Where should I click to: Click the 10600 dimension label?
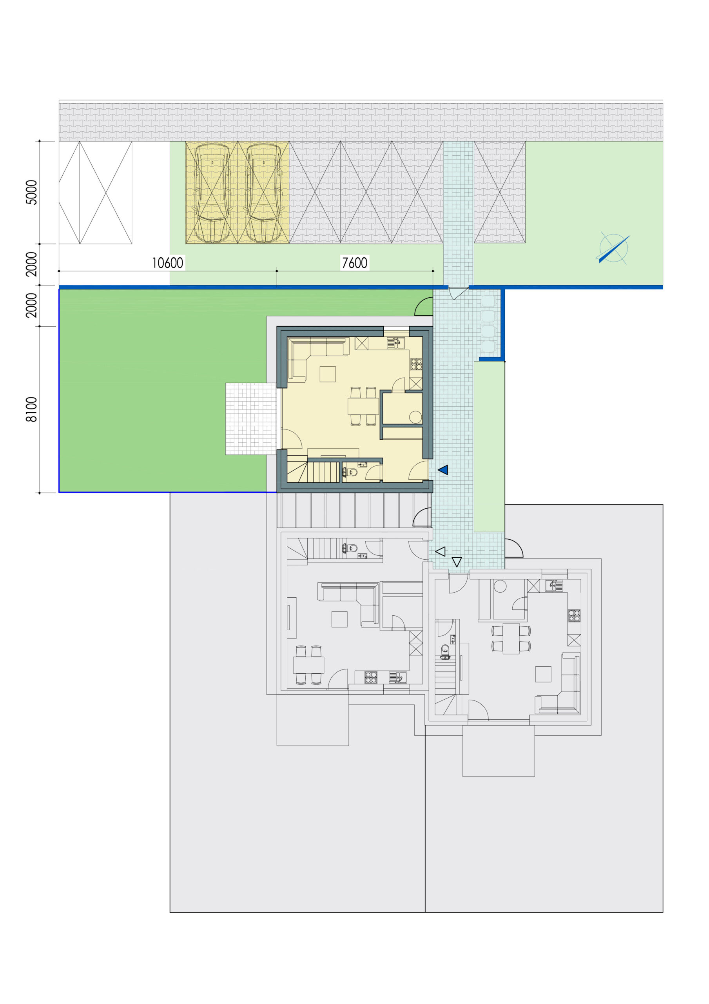click(168, 263)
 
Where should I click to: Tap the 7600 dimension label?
click(354, 263)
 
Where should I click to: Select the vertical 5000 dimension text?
click(31, 193)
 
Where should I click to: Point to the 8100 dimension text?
click(31, 409)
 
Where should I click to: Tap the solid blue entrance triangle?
click(443, 470)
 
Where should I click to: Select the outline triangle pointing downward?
click(457, 562)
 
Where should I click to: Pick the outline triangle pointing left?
click(441, 551)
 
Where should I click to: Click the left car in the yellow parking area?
click(212, 193)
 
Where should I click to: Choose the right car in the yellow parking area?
click(263, 193)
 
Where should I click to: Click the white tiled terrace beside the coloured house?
click(251, 419)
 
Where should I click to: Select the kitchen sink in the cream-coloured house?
click(396, 343)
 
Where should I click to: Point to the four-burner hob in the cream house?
click(416, 364)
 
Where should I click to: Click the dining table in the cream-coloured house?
click(363, 406)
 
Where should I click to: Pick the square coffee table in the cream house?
click(327, 374)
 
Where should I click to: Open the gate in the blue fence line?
click(458, 293)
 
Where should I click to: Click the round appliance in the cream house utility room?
click(415, 417)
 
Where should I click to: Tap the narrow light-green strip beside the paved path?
click(489, 446)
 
